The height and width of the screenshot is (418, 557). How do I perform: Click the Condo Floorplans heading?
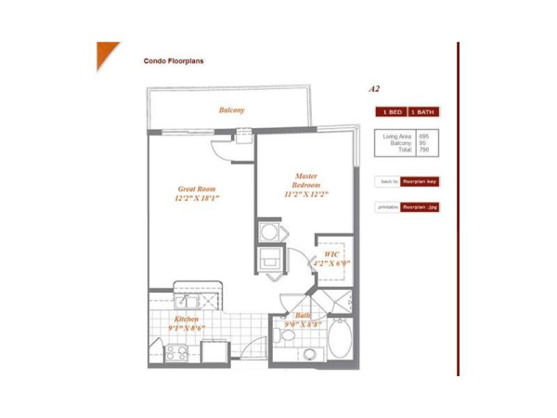(174, 61)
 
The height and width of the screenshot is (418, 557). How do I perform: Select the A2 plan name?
(374, 89)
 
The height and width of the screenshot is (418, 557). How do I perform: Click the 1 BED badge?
(390, 112)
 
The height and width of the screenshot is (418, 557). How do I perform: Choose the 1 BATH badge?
(423, 112)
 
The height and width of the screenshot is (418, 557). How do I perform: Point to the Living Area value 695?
(424, 137)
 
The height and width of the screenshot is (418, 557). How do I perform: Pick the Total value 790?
(424, 150)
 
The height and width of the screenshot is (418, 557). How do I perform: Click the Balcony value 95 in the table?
(423, 143)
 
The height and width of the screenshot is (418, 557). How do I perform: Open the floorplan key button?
(421, 181)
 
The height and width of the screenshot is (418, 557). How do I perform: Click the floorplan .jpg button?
(421, 207)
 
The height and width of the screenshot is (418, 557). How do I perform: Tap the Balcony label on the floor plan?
(232, 111)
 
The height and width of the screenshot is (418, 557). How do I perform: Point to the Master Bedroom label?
(306, 181)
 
